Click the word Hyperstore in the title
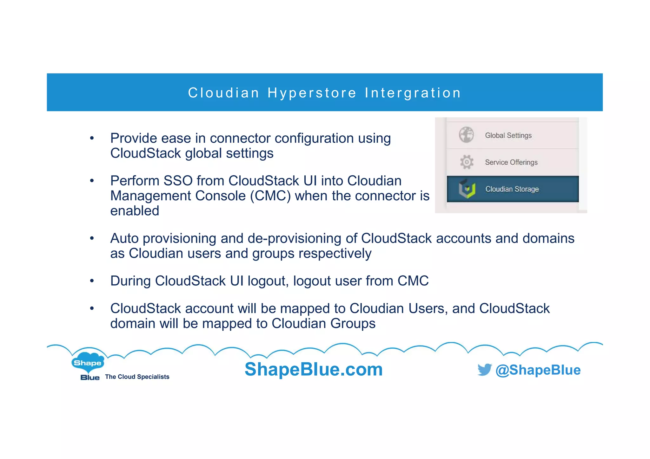pos(312,93)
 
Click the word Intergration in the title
pos(413,93)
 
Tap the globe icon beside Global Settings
pos(466,135)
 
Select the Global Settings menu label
pos(508,135)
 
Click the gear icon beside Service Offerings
pos(467,162)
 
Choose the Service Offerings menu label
pos(511,162)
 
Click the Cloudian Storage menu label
pos(512,189)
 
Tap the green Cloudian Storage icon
pos(467,189)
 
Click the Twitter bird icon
pos(484,370)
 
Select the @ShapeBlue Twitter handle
pos(538,370)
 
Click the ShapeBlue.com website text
pos(314,369)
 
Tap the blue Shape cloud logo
pos(88,362)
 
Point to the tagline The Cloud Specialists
pos(137,377)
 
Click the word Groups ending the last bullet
pos(353,323)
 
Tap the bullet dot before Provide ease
pos(92,138)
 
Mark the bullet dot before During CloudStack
pos(92,281)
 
